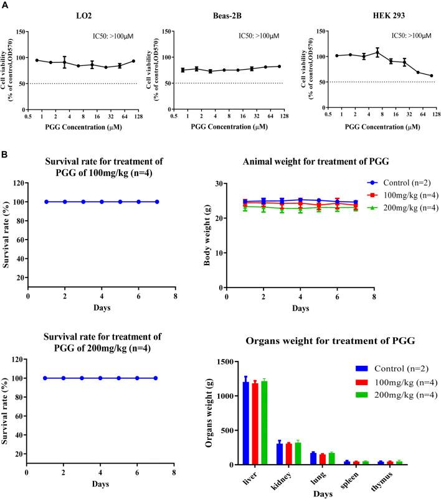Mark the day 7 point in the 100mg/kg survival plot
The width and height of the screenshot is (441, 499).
157,202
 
